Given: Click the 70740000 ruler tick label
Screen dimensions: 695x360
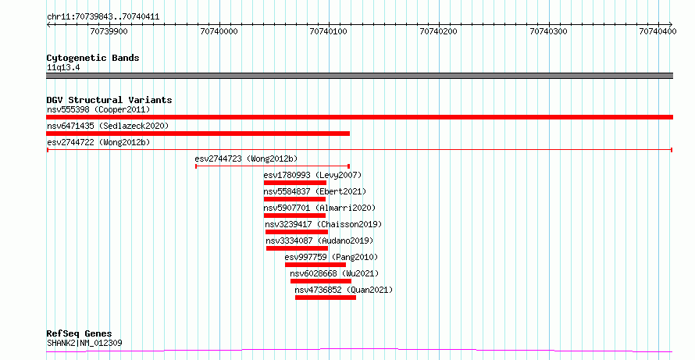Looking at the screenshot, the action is (x=219, y=31).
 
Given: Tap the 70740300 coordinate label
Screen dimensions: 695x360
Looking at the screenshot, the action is (x=548, y=31).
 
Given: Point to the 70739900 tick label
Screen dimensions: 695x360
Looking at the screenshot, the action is (x=109, y=31).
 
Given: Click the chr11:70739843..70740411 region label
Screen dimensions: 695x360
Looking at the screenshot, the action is (x=103, y=17).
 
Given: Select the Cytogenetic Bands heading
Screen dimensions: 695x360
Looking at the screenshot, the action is (x=93, y=58).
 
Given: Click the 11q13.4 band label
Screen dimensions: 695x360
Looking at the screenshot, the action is (x=63, y=68).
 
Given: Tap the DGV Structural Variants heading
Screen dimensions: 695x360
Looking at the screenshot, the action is (x=109, y=100).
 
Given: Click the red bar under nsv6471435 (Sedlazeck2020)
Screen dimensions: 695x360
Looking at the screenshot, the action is (x=198, y=134).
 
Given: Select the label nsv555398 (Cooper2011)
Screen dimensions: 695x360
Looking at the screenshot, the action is (x=98, y=109).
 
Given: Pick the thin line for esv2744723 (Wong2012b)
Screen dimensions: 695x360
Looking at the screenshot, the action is (x=273, y=166).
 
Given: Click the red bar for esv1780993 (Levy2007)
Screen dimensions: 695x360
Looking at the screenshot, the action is (x=294, y=183).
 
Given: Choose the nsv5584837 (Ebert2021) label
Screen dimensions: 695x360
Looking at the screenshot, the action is (x=315, y=191).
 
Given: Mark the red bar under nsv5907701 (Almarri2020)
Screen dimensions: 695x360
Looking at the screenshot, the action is (x=294, y=216).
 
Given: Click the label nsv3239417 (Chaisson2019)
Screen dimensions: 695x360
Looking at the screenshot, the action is (x=323, y=224).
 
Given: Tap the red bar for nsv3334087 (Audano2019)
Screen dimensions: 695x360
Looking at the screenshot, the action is (x=297, y=248).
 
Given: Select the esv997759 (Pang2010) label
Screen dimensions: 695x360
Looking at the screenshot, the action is (x=332, y=257).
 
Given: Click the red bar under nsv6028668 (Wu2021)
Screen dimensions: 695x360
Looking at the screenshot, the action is (x=321, y=281).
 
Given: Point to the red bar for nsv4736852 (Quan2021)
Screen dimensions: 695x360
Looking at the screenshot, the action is (x=326, y=298).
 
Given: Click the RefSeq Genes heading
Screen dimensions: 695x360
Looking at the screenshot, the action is (x=80, y=333).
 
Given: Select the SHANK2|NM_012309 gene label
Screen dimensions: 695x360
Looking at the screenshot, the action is (x=84, y=343).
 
